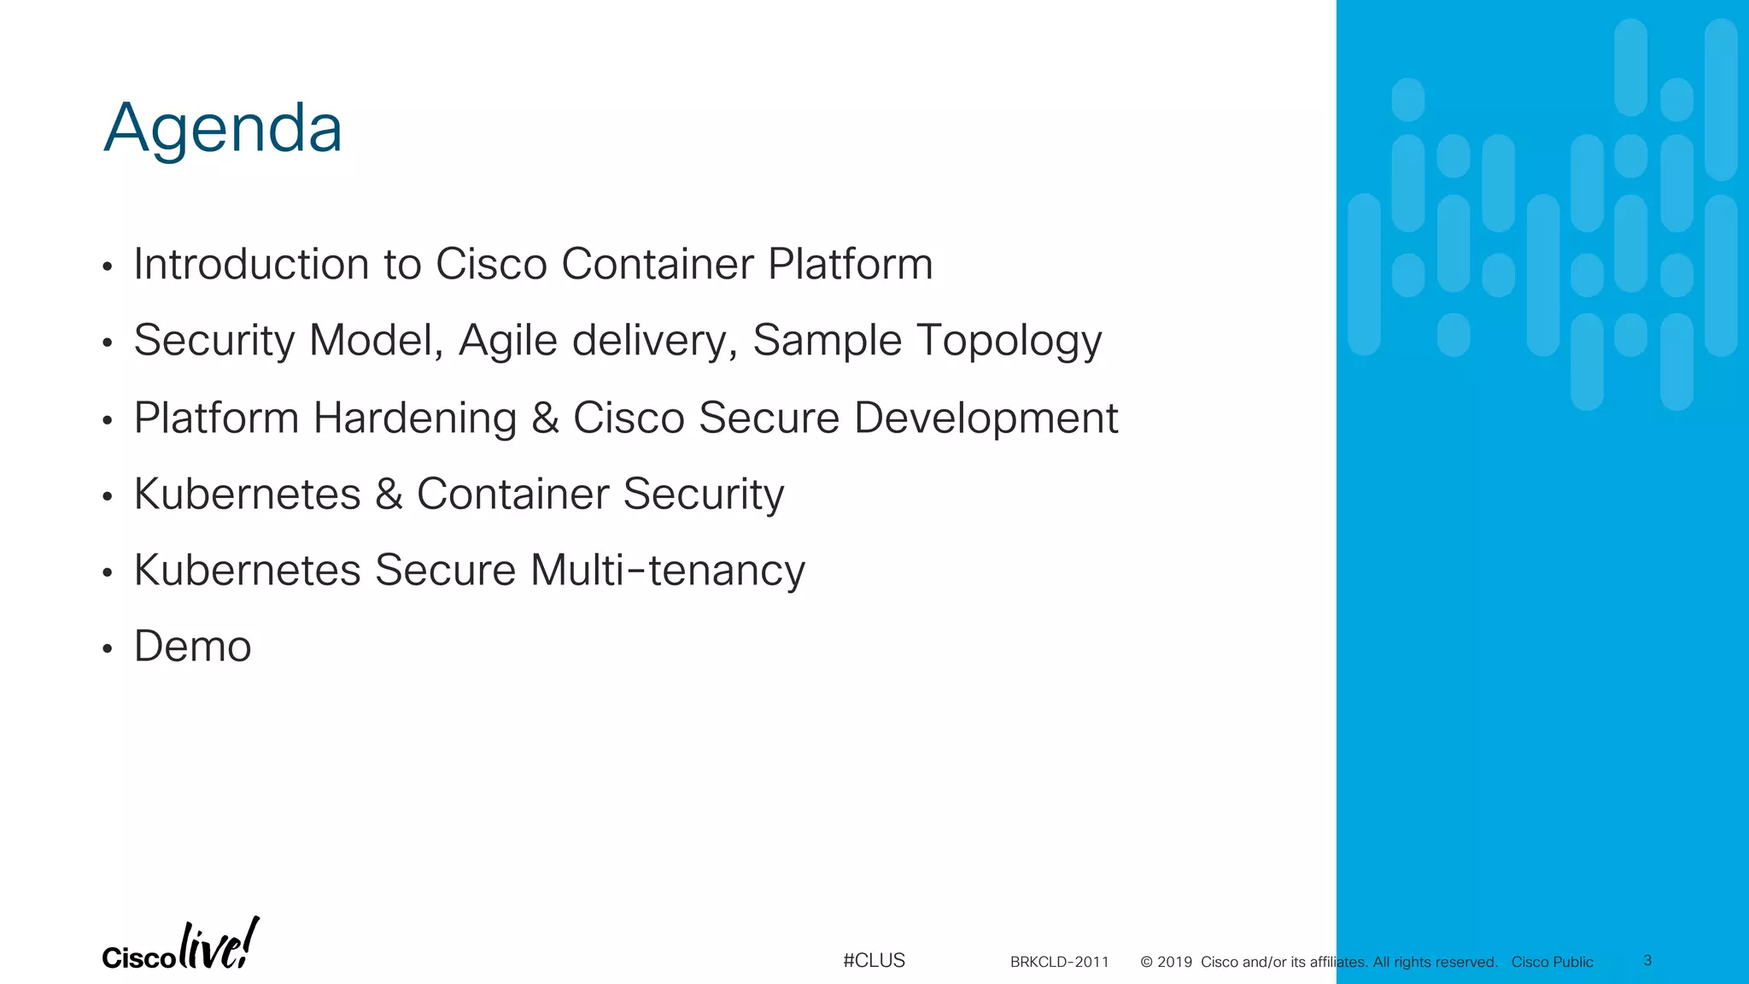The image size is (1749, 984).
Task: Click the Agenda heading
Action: coord(223,128)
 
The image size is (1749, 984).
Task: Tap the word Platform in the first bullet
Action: coord(850,264)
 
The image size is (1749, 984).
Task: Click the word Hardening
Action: coord(415,418)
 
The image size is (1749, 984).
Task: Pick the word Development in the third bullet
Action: coord(986,418)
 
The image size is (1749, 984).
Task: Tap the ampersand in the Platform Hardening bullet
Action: coord(545,418)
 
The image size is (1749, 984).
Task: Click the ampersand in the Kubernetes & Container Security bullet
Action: coord(389,494)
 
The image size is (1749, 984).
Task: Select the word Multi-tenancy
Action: coord(667,571)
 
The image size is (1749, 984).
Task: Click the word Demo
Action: coord(193,647)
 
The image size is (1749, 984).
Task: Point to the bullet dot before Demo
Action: coord(107,649)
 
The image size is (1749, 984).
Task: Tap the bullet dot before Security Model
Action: coord(107,343)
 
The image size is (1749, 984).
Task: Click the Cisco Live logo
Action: coord(180,946)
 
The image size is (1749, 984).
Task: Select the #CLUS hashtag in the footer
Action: coord(874,961)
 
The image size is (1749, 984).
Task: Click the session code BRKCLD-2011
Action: coord(1059,963)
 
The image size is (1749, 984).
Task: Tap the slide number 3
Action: coord(1647,961)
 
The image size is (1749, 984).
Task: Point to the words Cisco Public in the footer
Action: coord(1552,963)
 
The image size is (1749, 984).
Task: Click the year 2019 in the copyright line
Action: coord(1174,963)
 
